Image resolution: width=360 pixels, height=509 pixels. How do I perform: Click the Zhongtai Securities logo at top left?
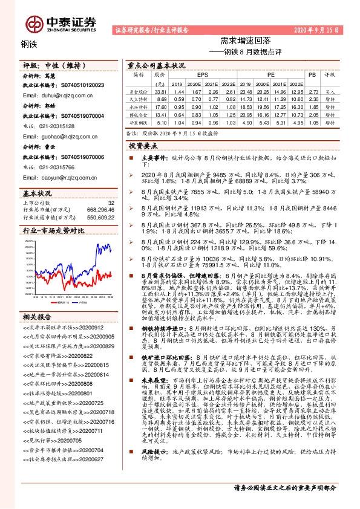pos(61,23)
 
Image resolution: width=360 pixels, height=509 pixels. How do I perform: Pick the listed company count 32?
pos(110,203)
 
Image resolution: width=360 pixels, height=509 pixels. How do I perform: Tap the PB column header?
pos(312,75)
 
